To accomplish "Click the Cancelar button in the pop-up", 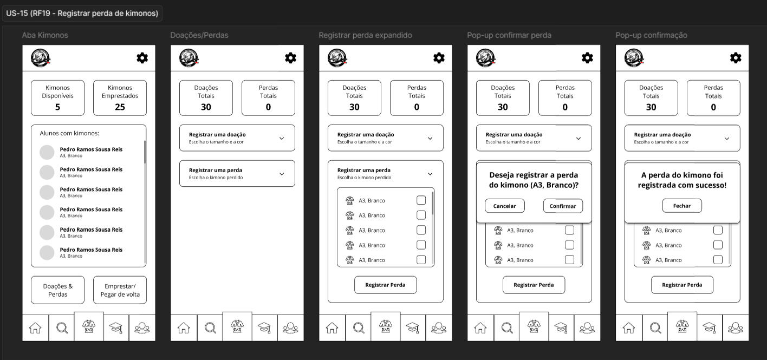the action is (x=505, y=206).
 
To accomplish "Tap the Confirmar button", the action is (x=563, y=206).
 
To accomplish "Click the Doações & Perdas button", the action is (x=57, y=290).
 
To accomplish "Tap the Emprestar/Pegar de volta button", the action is (x=120, y=290).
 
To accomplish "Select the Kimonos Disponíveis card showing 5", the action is (x=57, y=98).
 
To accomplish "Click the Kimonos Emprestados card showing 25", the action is (x=120, y=98).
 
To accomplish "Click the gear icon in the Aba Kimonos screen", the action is (x=142, y=58).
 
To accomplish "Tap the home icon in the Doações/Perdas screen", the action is (x=184, y=328).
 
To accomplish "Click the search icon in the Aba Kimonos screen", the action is (x=62, y=328).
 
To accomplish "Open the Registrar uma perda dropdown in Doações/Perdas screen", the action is (x=237, y=173).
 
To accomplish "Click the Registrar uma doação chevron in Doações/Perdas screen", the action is (x=282, y=139).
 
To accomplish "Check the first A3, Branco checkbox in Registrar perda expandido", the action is (x=421, y=200).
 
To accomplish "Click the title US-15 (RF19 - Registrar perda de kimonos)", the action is (x=82, y=14).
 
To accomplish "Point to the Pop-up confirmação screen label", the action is (x=651, y=35).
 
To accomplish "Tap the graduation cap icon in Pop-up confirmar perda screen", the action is (x=561, y=328).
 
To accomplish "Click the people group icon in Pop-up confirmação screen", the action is (x=736, y=328).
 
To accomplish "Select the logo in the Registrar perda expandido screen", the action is (x=337, y=58).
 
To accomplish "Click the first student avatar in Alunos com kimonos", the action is (x=47, y=152).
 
